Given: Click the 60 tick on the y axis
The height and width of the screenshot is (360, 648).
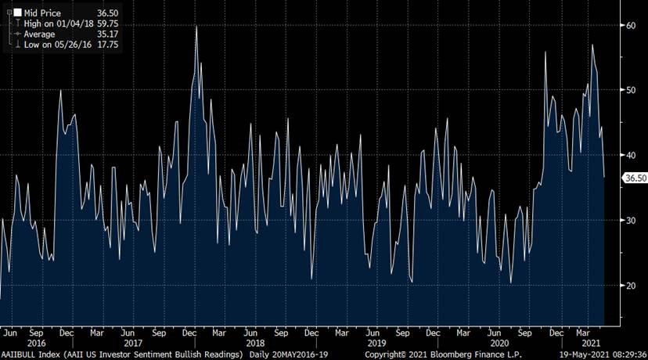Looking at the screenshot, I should point(629,25).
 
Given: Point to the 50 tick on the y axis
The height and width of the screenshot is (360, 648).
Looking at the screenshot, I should point(629,90).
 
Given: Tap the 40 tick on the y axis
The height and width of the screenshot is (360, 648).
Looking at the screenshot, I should point(629,155).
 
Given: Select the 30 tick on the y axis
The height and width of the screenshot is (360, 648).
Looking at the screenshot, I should point(629,220).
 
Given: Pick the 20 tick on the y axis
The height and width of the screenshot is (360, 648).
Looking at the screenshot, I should point(629,285).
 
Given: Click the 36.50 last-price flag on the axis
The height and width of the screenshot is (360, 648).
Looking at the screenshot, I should point(634,178).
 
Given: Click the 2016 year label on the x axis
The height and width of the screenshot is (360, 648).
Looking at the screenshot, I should point(36,343).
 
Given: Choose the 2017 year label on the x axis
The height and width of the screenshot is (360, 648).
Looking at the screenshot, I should point(133,343).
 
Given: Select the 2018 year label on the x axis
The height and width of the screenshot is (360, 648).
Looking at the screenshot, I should point(255,343).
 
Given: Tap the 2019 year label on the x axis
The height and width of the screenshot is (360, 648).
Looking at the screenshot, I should point(377,343).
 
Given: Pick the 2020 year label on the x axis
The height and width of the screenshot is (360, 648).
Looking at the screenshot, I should point(499,343).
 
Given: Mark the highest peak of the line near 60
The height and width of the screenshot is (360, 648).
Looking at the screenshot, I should point(196,27).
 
